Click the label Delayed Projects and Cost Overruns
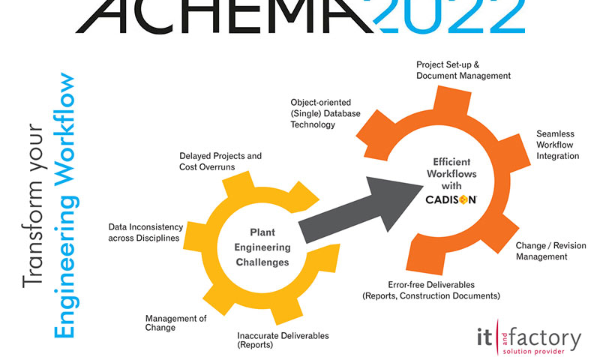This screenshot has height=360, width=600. (220, 161)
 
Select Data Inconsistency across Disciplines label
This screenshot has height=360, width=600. (144, 232)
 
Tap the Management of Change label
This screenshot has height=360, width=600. (175, 322)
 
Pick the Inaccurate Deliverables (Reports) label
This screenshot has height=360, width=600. (283, 340)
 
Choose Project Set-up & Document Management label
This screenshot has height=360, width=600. (463, 70)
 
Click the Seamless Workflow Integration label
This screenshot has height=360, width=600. (557, 145)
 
